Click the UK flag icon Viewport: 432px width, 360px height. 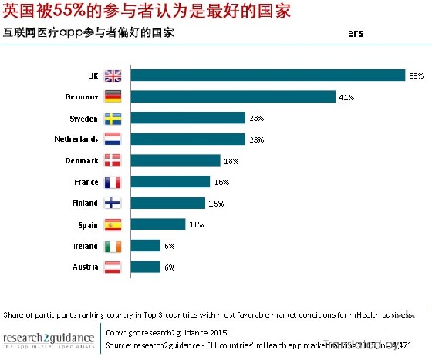[x=113, y=76]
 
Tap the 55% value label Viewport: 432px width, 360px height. [x=417, y=76]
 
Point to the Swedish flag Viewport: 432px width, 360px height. [x=113, y=118]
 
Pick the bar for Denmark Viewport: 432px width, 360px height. [x=175, y=160]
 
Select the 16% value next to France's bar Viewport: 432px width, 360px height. [x=221, y=182]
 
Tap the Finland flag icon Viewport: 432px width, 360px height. [x=113, y=203]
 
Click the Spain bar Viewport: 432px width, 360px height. [x=158, y=224]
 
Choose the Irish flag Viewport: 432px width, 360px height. [x=113, y=246]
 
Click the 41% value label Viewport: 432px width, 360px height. [x=346, y=97]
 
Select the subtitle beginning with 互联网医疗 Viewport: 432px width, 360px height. [x=88, y=33]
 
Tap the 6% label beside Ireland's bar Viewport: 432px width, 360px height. [x=169, y=246]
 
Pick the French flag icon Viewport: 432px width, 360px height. [x=113, y=182]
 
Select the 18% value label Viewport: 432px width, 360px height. [x=231, y=160]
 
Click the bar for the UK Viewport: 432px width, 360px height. [x=268, y=76]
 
